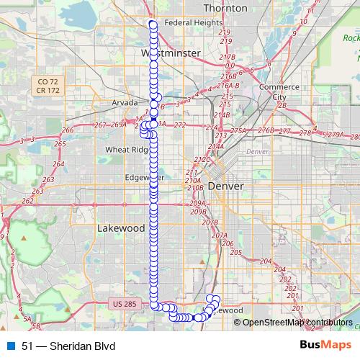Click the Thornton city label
coord(225,8)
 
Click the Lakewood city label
coord(120,228)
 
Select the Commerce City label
coord(274,92)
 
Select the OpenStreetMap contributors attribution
coord(297,323)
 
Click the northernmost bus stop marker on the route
coord(153,24)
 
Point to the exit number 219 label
coord(225,32)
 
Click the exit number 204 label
coord(266,261)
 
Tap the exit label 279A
coord(336,135)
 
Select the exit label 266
coord(68,130)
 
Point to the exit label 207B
coord(210,222)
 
